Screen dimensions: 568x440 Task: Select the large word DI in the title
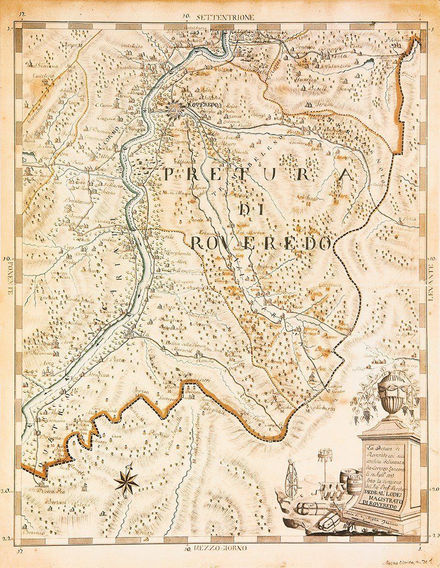(250, 209)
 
